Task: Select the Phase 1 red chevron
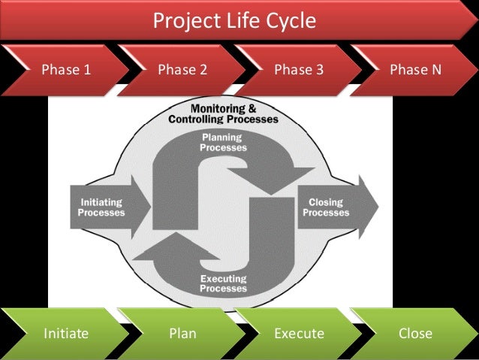[x=66, y=71]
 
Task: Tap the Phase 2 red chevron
[x=182, y=71]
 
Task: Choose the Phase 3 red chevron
[x=299, y=71]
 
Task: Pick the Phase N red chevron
[x=415, y=71]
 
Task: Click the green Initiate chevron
[x=65, y=333]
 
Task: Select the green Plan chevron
[x=182, y=333]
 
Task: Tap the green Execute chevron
[x=299, y=333]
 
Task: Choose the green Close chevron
[x=415, y=333]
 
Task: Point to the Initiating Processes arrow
[x=101, y=207]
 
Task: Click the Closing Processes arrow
[x=330, y=207]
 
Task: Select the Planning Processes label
[x=223, y=143]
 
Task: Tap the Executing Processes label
[x=223, y=283]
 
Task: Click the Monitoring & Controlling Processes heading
[x=223, y=113]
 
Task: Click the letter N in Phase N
[x=435, y=71]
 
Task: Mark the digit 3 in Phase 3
[x=320, y=71]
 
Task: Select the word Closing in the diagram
[x=326, y=201]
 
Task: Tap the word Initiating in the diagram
[x=101, y=201]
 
